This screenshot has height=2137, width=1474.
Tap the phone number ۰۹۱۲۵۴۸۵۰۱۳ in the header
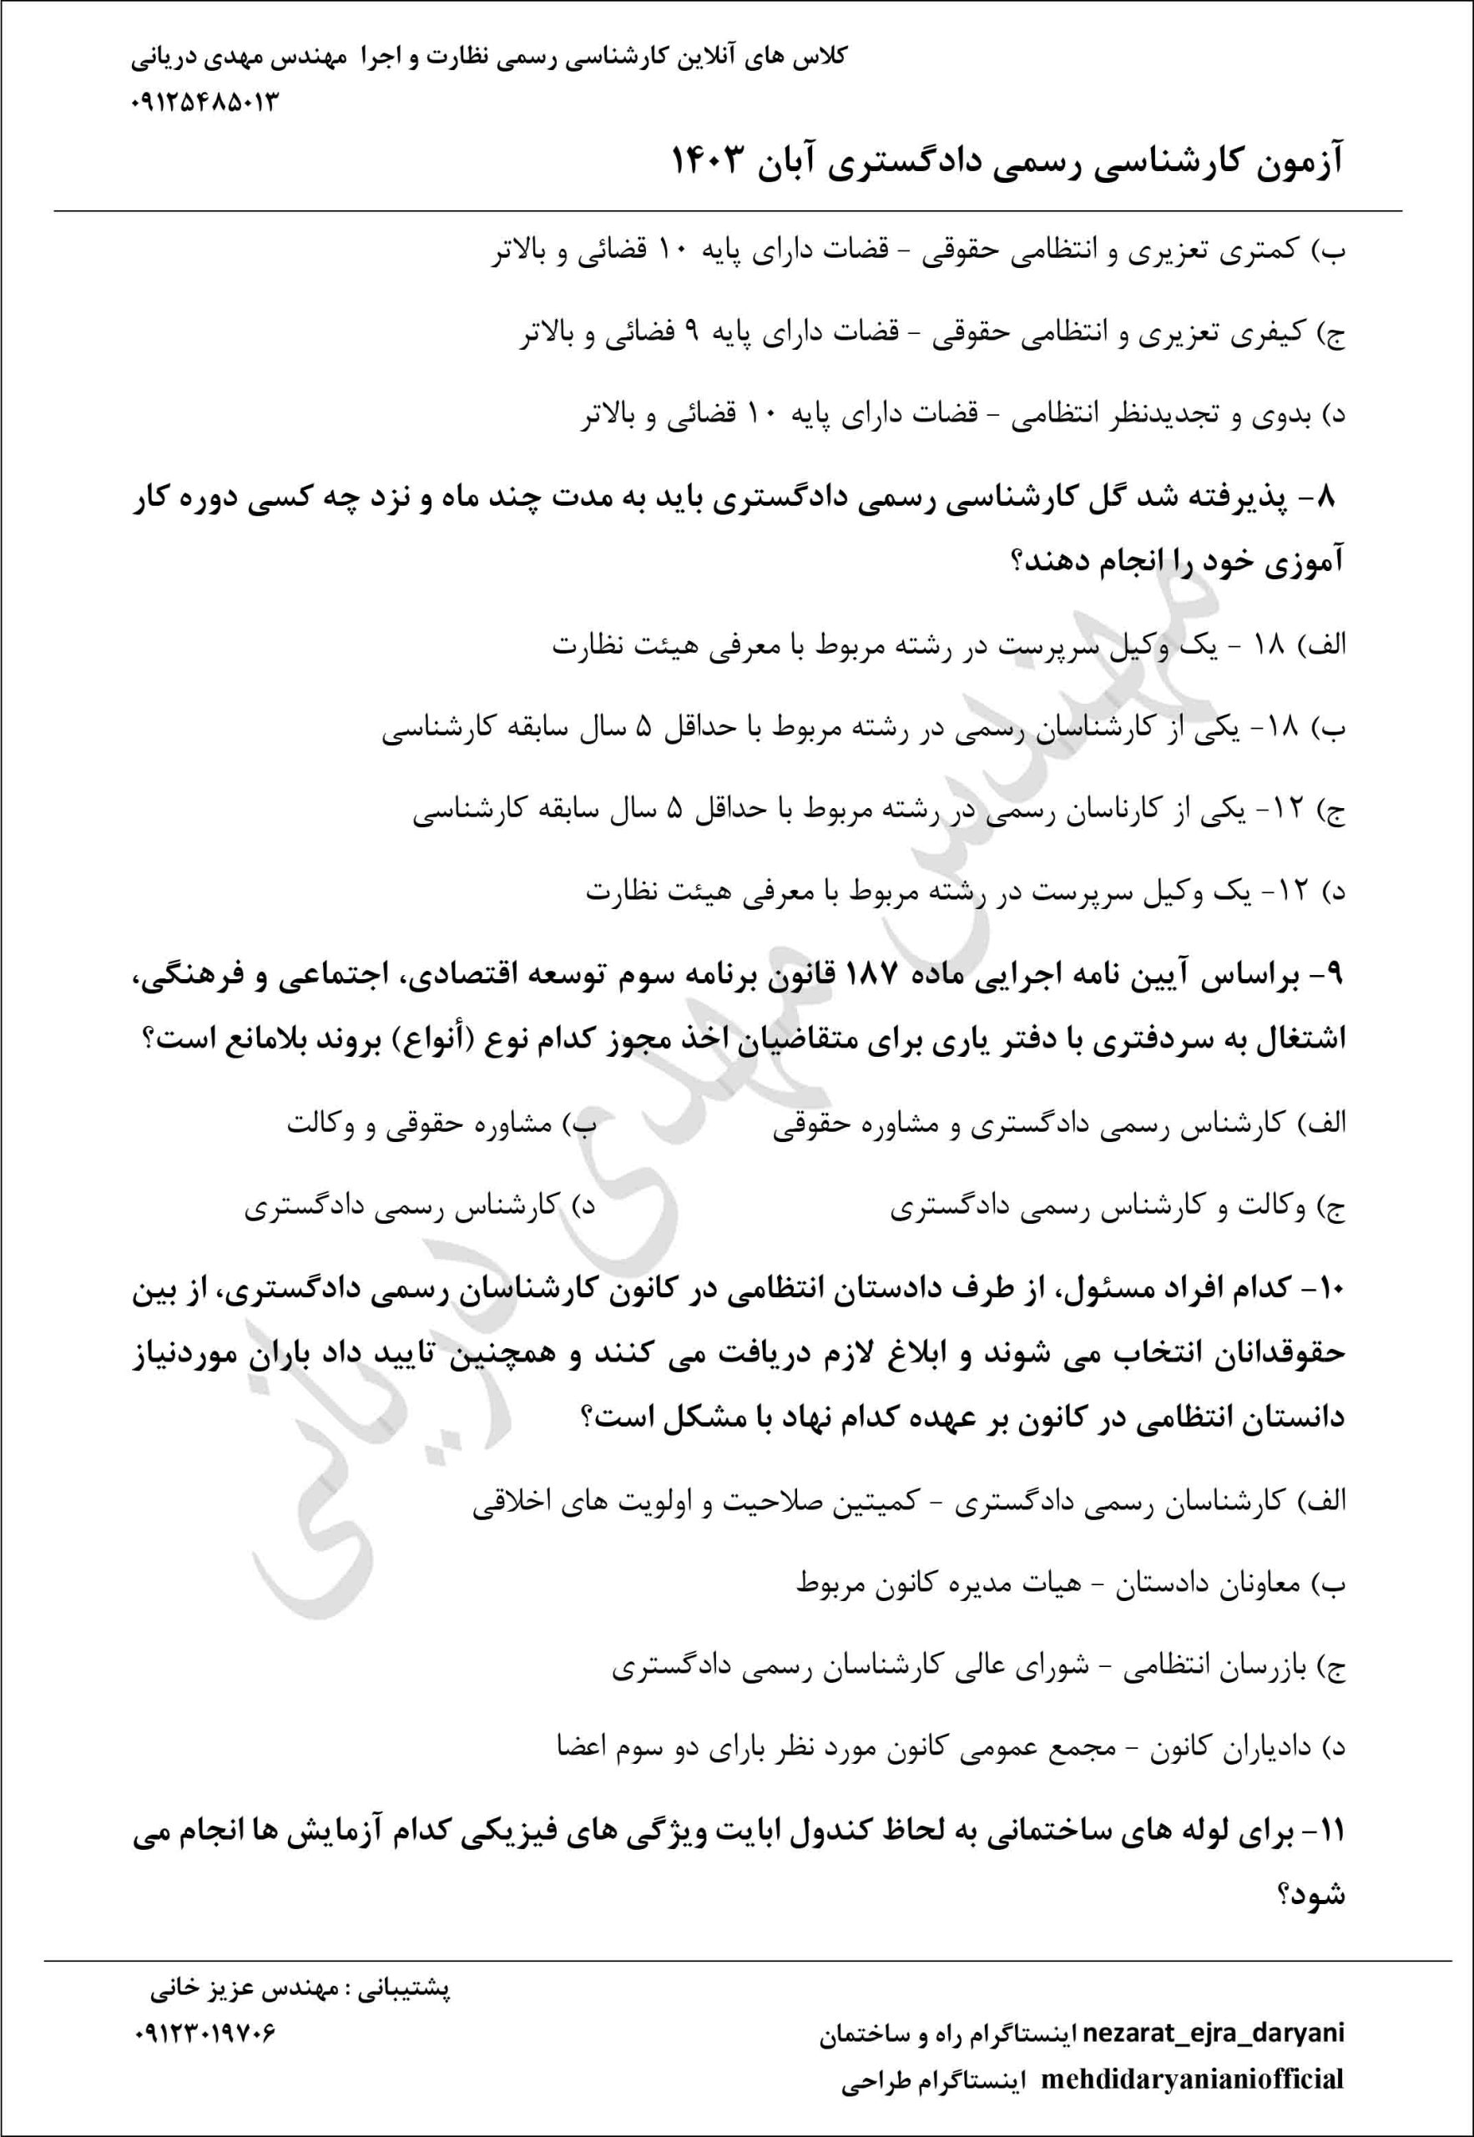tap(204, 102)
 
